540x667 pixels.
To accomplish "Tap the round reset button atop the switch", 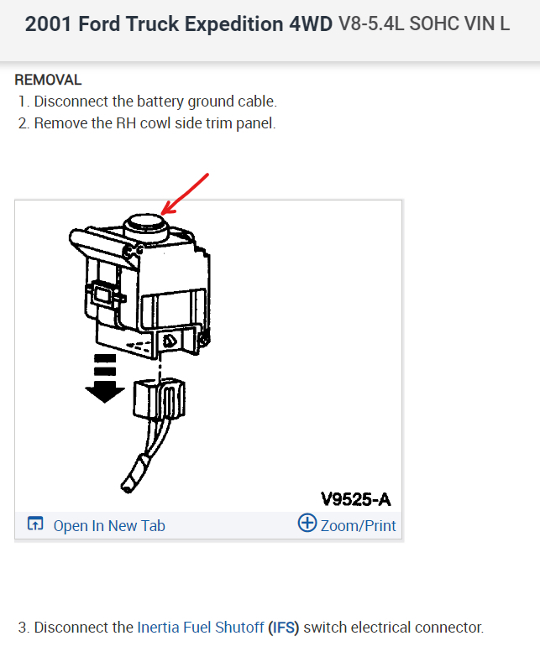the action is pos(144,224).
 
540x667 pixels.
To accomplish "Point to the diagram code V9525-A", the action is pos(356,499).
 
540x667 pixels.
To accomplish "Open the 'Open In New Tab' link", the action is pos(109,526).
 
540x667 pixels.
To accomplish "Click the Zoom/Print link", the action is pos(359,526).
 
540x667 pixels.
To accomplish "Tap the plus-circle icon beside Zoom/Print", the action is pos(307,524).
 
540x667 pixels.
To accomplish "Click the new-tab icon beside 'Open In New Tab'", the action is pos(35,524).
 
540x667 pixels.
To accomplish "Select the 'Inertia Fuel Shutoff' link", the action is pos(201,627).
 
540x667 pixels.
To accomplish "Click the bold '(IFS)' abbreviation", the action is pos(284,627).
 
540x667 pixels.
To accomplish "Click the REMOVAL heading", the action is pos(48,80).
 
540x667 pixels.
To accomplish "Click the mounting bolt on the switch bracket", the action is pos(169,341).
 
